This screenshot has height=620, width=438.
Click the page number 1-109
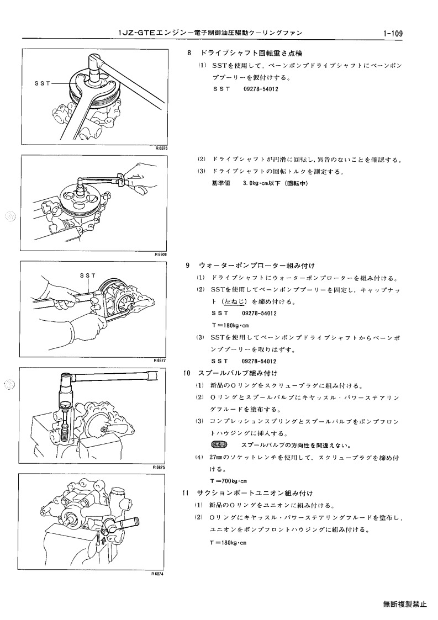393,34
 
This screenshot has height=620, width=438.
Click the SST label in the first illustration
43,83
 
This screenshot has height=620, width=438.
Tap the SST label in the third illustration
88,275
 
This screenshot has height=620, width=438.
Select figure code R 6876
161,149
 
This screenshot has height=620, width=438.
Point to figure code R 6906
161,255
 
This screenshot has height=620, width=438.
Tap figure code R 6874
157,574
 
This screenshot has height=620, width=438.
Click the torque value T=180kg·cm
230,326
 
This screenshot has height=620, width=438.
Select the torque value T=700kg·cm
229,481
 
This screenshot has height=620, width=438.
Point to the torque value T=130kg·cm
228,543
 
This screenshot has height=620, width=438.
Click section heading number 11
186,493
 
